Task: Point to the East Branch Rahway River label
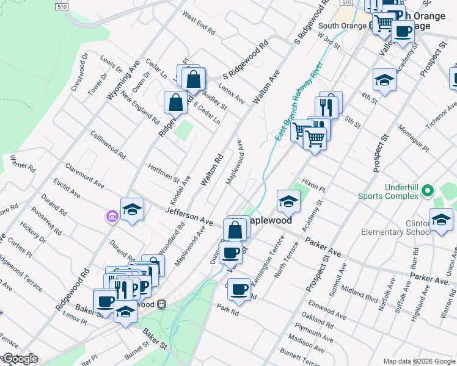pos(298,101)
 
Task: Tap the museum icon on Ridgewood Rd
pos(111,216)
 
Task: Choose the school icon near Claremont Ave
pos(132,209)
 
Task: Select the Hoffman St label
pos(163,172)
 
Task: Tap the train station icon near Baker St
pos(162,303)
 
